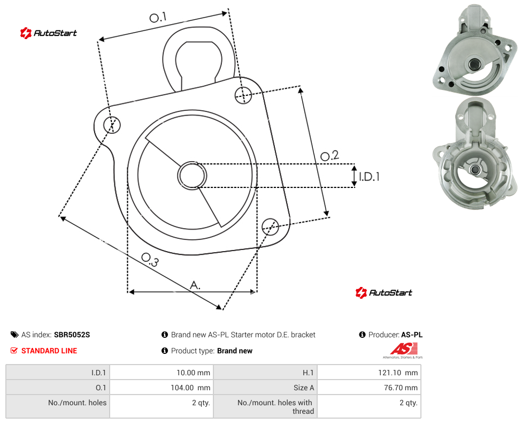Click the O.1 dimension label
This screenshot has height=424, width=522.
coord(158,17)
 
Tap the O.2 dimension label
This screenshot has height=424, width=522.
coord(329,156)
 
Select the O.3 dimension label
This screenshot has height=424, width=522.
coord(150,260)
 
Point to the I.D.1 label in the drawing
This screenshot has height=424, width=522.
coord(369,176)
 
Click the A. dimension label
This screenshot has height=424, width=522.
coord(195,285)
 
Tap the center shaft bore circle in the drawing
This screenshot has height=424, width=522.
coord(192,176)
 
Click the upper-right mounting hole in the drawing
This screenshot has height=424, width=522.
coord(243,95)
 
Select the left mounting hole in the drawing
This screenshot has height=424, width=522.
coord(112,125)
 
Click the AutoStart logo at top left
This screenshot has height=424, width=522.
coord(49,33)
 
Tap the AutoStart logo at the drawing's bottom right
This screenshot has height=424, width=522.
coord(383,292)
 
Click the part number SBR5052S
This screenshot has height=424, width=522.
coord(72,335)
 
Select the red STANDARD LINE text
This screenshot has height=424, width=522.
coord(49,351)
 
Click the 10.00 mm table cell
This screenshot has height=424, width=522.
coord(193,373)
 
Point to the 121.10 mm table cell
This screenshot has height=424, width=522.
coord(398,373)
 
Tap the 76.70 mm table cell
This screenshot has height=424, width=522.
coord(401,388)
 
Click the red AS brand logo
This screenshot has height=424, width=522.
coord(403,350)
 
